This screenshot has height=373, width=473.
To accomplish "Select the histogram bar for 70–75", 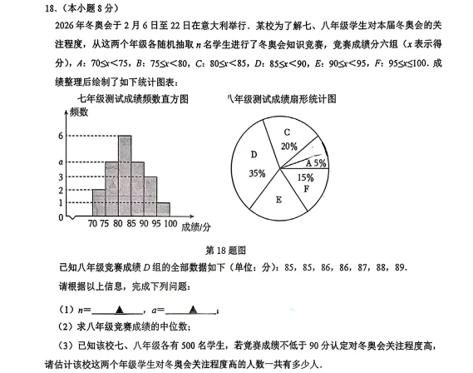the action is [x=99, y=202].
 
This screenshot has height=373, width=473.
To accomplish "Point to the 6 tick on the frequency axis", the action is [x=60, y=135].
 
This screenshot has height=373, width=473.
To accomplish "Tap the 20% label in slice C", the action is [x=289, y=146].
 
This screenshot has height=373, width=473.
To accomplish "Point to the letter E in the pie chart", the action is [x=278, y=199].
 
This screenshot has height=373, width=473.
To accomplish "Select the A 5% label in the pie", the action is [x=315, y=164].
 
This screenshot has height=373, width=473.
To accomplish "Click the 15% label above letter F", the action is [x=305, y=177].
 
